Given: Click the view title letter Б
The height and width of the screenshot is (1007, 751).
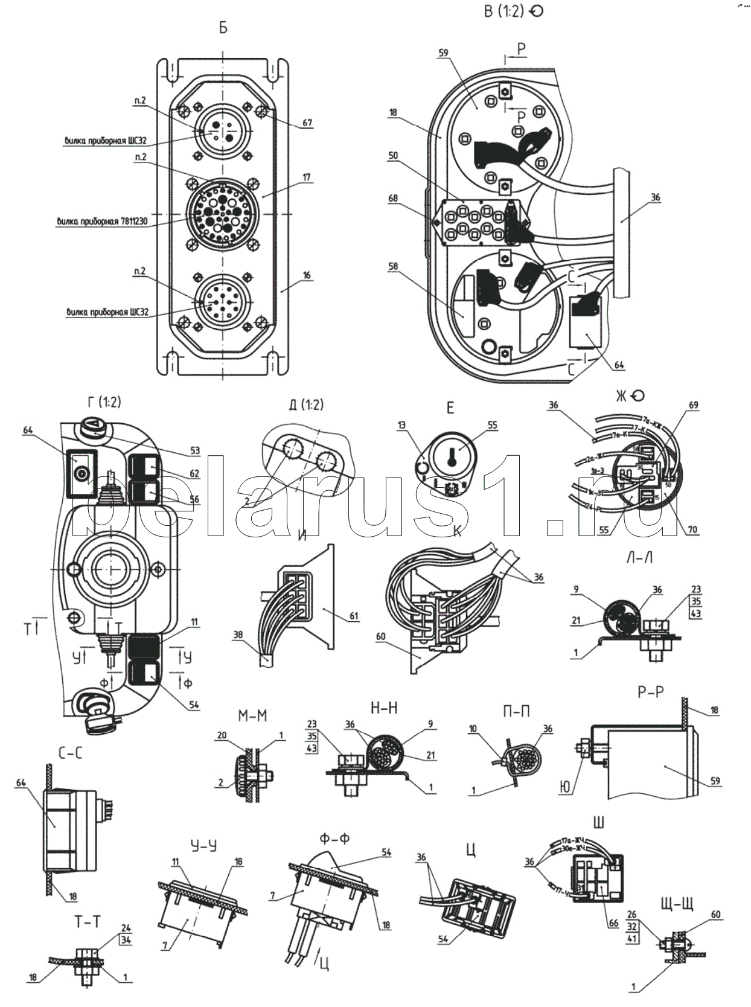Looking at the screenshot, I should pyautogui.click(x=223, y=28).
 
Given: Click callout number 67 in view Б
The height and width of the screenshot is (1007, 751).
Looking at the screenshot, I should pyautogui.click(x=307, y=123).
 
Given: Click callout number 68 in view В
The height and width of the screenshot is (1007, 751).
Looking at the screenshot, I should pyautogui.click(x=393, y=197).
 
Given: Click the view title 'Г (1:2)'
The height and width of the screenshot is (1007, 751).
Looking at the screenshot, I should pyautogui.click(x=104, y=403).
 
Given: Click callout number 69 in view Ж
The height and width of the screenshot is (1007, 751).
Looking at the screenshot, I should pyautogui.click(x=693, y=406).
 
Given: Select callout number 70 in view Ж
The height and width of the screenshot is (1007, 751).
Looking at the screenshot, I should pyautogui.click(x=692, y=529).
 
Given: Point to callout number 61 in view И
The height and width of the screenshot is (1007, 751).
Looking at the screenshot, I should pyautogui.click(x=354, y=616).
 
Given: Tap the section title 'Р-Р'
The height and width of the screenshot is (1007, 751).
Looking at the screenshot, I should pyautogui.click(x=650, y=692).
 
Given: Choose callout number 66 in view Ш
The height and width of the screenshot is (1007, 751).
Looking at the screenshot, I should pyautogui.click(x=614, y=924).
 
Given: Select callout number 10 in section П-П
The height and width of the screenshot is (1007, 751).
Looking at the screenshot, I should pyautogui.click(x=474, y=729).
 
